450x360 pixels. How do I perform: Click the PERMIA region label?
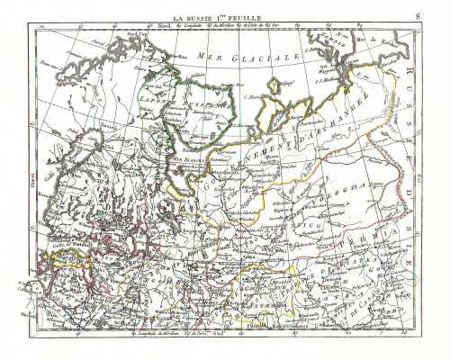coord(382,236)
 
